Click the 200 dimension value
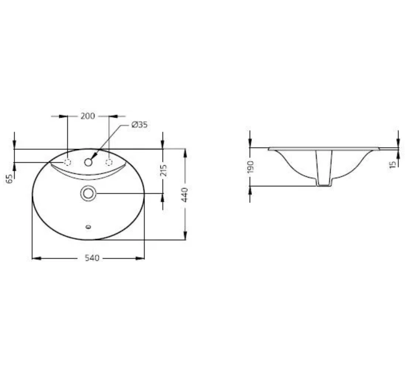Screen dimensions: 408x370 (88, 116)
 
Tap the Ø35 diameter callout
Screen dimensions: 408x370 (139, 124)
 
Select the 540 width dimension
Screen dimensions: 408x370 (92, 258)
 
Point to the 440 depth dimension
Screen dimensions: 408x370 (184, 195)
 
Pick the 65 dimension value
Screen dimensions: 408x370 (9, 179)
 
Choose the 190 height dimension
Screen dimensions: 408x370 (251, 167)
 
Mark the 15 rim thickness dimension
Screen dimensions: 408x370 (393, 164)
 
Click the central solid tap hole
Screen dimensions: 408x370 (88, 162)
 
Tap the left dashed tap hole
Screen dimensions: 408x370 (67, 162)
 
